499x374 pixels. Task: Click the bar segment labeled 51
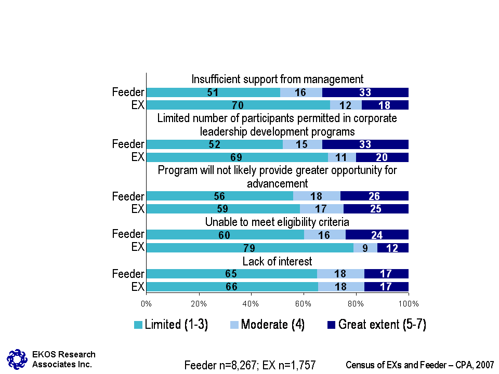[x=213, y=93]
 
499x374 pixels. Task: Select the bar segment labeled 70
[x=238, y=105]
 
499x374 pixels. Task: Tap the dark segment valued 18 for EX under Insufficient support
[x=385, y=105]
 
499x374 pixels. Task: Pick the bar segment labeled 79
[x=249, y=248]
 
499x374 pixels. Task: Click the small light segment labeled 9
[x=365, y=248]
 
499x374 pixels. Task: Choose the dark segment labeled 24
[x=377, y=235]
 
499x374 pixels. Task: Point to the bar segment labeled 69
[x=237, y=157]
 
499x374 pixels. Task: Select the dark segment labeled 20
[x=382, y=157]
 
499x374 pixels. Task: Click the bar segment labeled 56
[x=220, y=196]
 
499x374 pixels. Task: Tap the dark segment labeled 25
[x=376, y=209]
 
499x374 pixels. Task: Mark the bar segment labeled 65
[x=232, y=274]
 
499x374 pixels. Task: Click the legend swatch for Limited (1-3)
[x=138, y=325]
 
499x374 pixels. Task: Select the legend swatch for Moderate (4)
[x=234, y=325]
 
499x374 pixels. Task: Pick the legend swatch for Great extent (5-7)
[x=331, y=325]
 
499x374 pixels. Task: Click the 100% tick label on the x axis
[x=408, y=302]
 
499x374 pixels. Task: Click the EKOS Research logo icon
[x=17, y=358]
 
